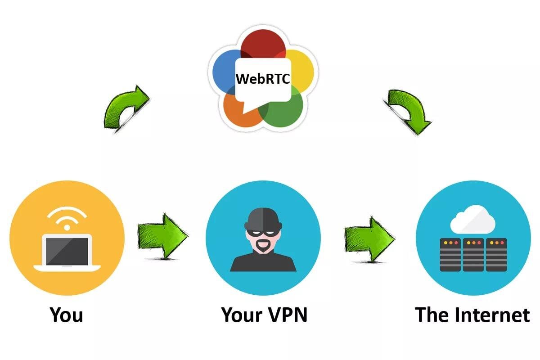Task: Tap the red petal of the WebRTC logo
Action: tap(263, 45)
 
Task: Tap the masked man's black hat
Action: tap(263, 218)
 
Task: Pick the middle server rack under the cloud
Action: tap(473, 255)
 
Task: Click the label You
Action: tap(67, 315)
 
